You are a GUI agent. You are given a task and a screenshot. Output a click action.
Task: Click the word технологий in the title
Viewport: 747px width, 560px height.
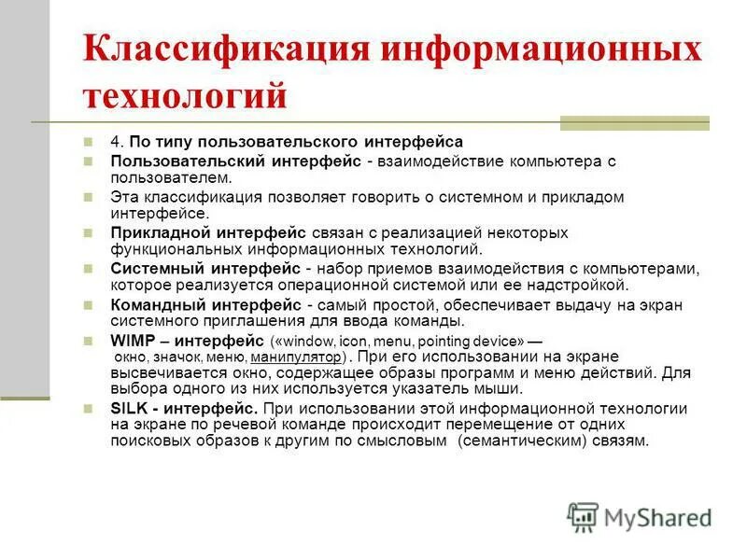(x=184, y=95)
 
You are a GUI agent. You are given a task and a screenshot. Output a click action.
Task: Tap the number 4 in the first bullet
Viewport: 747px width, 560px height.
(x=115, y=142)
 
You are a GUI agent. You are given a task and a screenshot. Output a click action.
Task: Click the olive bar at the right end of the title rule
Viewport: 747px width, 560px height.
(x=634, y=122)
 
